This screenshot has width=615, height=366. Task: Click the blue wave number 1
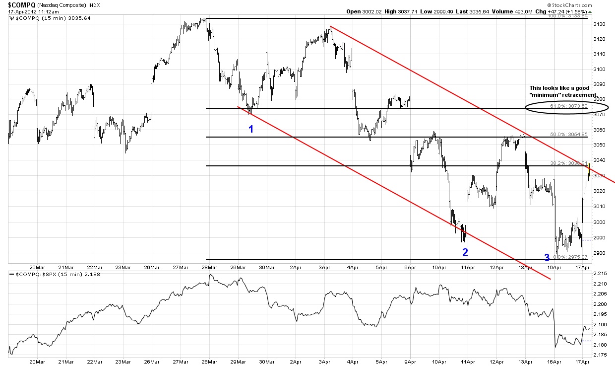[251, 129]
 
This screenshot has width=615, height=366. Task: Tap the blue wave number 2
[465, 252]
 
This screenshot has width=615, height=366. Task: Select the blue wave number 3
[547, 257]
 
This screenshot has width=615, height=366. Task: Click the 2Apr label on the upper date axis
[296, 267]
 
